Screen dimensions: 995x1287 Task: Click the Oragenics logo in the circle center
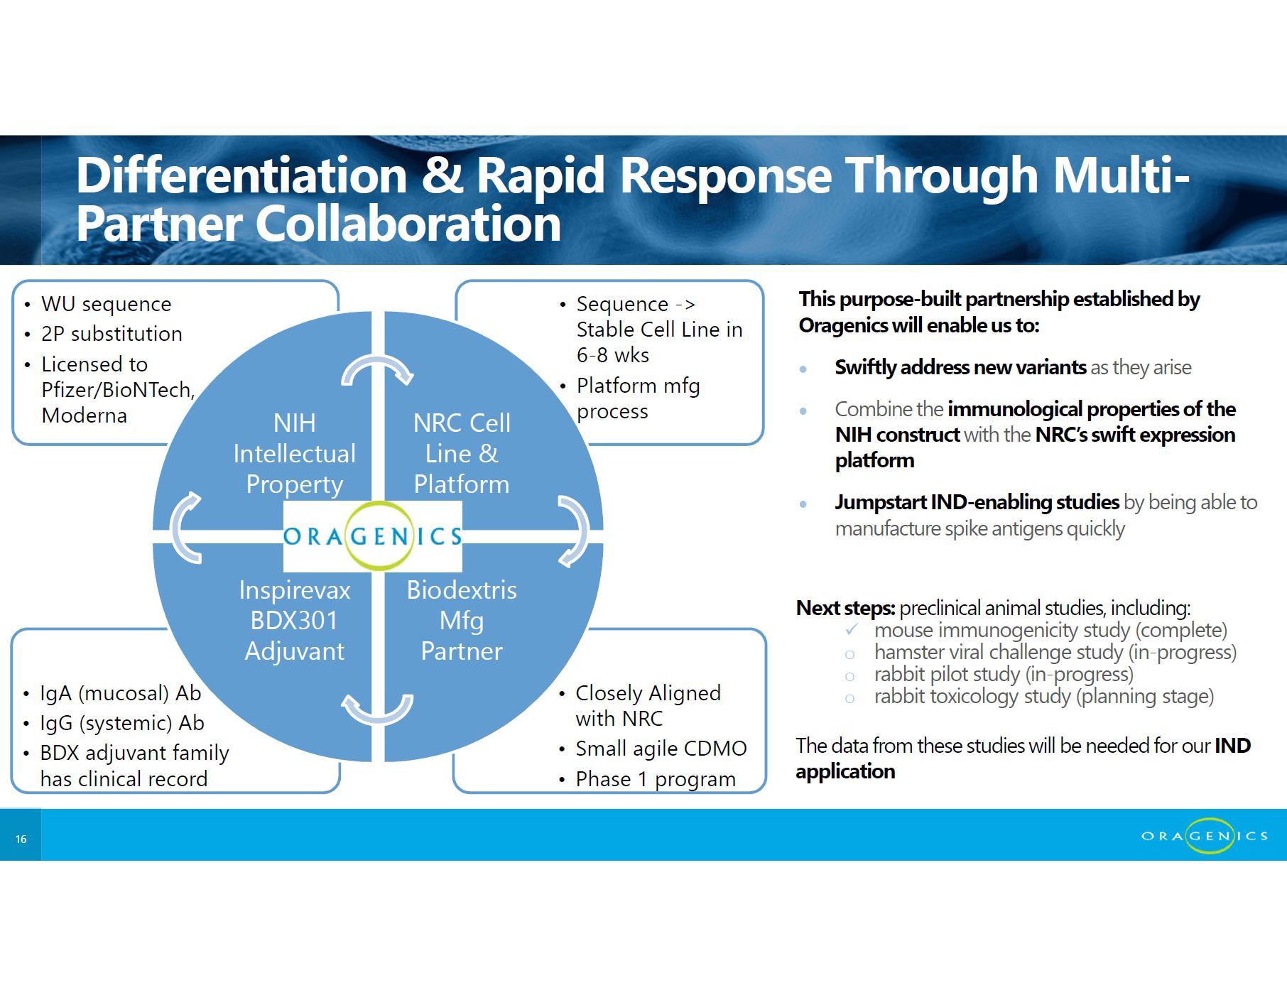coord(373,536)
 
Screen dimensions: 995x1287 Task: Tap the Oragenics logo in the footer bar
coord(1205,836)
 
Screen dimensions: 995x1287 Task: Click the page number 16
coord(21,839)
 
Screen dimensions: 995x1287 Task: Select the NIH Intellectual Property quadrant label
coord(294,453)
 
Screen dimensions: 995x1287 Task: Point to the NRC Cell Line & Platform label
coord(462,453)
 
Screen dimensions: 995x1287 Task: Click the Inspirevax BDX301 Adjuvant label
coord(294,620)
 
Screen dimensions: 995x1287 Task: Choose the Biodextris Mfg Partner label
coord(462,620)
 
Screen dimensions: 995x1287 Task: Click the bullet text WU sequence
coord(107,304)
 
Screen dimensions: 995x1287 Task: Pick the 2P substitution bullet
coord(112,334)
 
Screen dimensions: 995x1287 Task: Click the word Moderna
coord(84,415)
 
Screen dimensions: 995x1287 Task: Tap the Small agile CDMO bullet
coord(661,749)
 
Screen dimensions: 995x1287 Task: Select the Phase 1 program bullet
coord(655,779)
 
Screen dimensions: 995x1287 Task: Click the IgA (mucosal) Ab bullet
coord(120,693)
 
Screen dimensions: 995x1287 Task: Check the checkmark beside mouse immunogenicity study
coord(852,630)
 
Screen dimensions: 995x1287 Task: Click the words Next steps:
coord(845,608)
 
